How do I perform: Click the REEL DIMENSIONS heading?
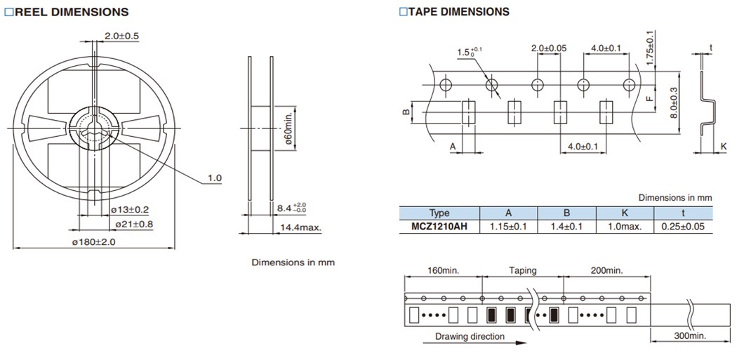point(67,12)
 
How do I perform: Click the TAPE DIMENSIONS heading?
point(454,12)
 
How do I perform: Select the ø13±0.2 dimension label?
point(129,210)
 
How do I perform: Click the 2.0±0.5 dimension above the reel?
point(121,36)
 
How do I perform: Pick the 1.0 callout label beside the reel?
point(214,178)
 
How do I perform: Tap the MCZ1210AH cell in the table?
point(439,227)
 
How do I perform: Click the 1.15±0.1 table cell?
point(508,227)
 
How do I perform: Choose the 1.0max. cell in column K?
point(624,227)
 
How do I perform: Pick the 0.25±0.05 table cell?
point(683,227)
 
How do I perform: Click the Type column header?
point(439,213)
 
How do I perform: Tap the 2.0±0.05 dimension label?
point(549,48)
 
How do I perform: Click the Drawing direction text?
point(470,336)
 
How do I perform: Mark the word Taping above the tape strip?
point(522,270)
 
